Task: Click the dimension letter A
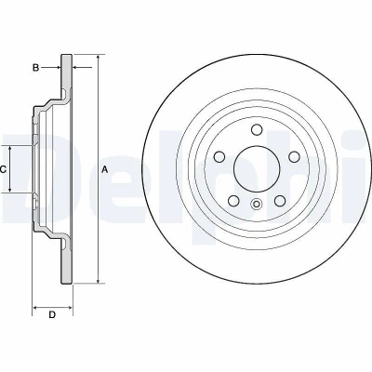(105, 169)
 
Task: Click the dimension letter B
(36, 67)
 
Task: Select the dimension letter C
(3, 169)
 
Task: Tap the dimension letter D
(52, 314)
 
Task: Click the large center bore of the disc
(257, 169)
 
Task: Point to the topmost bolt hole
(257, 129)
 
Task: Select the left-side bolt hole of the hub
(219, 156)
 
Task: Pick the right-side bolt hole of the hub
(294, 156)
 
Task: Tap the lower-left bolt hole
(233, 201)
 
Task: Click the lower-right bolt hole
(280, 201)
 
